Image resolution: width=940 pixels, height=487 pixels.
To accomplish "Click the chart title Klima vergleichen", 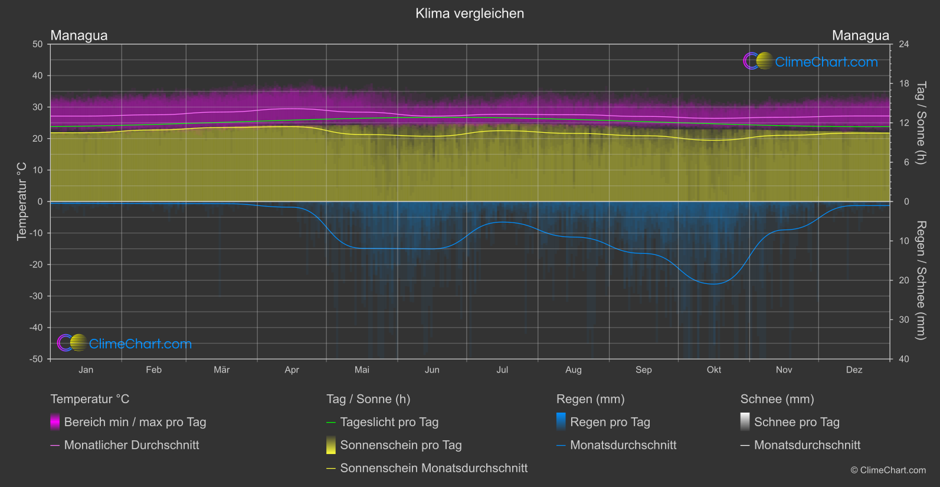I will (x=470, y=14).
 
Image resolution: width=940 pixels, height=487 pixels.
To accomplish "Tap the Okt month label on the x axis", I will (x=713, y=370).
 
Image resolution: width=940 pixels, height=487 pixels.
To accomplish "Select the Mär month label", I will (x=221, y=370).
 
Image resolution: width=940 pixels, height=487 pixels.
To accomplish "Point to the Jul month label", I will (x=502, y=370).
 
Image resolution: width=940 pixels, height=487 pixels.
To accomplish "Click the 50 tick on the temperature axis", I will (x=38, y=44).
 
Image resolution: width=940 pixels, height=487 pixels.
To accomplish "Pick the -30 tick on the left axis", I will (x=36, y=296).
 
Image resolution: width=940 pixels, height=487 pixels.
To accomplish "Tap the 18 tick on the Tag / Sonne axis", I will (x=904, y=84).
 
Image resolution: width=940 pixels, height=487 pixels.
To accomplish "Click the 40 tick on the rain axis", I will (x=904, y=359).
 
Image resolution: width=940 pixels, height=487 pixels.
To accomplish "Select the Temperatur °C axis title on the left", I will (x=22, y=201).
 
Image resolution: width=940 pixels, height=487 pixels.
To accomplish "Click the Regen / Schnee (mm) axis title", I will (x=921, y=280).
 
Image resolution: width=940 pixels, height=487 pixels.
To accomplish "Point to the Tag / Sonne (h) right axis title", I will (x=921, y=123).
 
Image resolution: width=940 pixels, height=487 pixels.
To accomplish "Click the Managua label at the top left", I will (x=79, y=35).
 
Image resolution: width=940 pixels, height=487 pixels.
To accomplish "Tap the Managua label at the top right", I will (x=860, y=35).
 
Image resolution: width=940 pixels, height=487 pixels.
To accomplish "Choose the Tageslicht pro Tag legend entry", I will (x=389, y=422).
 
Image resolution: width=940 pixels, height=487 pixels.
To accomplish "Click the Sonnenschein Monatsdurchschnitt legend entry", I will (x=434, y=468).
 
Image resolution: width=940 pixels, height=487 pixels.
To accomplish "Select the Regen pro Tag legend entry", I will (x=610, y=422).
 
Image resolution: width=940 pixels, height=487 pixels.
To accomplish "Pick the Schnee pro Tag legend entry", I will (x=797, y=422).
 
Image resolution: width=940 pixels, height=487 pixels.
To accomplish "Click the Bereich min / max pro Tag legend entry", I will (x=135, y=422).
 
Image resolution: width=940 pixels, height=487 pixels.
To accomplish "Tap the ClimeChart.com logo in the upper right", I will (x=811, y=61).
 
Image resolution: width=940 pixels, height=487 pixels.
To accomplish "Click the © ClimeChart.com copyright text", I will (x=888, y=470).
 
